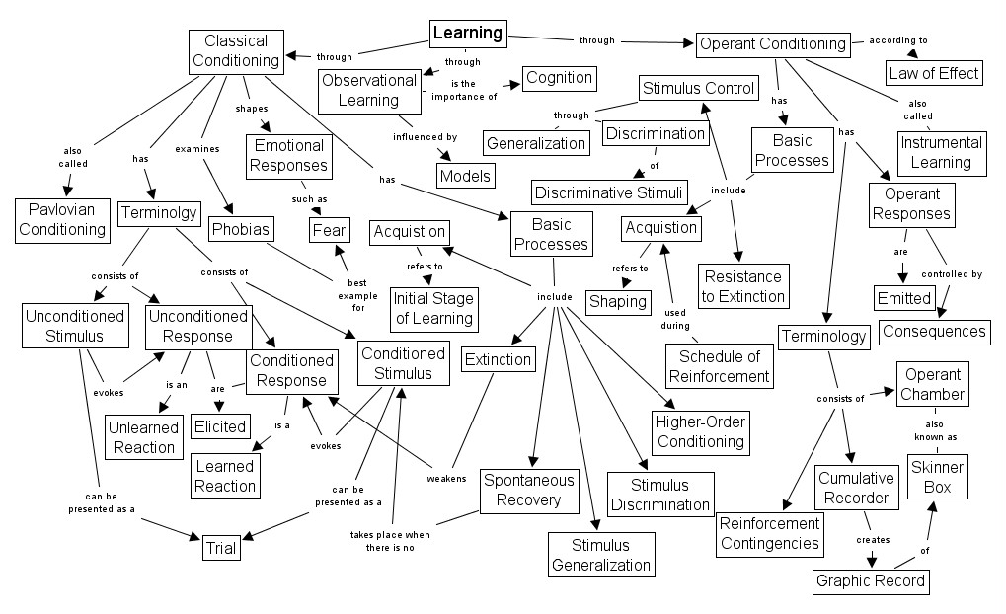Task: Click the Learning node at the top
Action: click(x=468, y=34)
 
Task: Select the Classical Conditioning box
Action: click(x=236, y=50)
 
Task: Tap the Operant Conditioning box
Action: click(x=772, y=43)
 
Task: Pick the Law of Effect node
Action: click(x=933, y=72)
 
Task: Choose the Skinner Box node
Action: click(x=936, y=476)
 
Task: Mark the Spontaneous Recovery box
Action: click(x=528, y=491)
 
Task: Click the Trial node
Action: click(x=221, y=548)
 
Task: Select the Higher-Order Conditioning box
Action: click(x=700, y=431)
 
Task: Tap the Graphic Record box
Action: click(x=872, y=580)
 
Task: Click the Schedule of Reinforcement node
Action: click(x=718, y=365)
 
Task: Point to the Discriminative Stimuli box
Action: click(x=608, y=192)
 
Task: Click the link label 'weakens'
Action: click(x=446, y=478)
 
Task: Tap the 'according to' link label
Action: click(x=897, y=40)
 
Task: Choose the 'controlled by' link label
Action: click(x=952, y=274)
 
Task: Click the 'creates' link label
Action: click(x=873, y=540)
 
